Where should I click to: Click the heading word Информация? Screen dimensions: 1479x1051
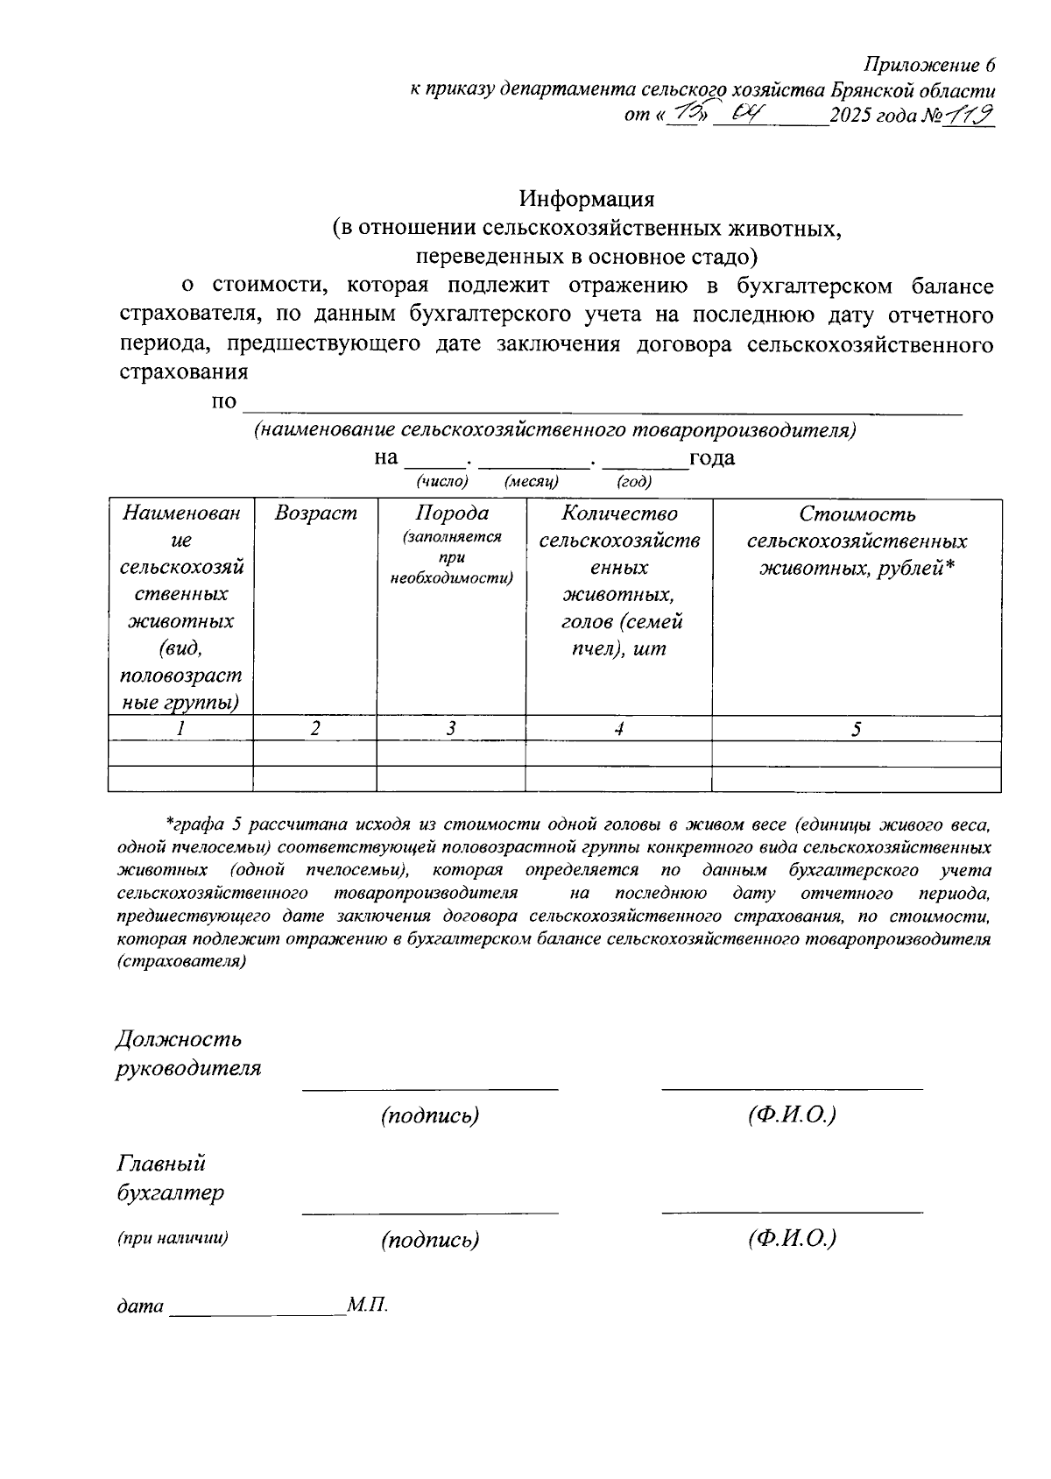click(x=586, y=199)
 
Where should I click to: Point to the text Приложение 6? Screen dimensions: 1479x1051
click(x=929, y=66)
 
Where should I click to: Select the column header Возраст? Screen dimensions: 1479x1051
click(x=315, y=513)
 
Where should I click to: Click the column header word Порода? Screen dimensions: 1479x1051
click(x=451, y=513)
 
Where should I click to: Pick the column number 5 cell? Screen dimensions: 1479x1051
click(x=857, y=729)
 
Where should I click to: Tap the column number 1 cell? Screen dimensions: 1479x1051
click(x=180, y=729)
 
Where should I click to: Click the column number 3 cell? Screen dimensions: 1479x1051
click(x=451, y=729)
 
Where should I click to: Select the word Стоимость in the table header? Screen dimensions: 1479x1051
click(x=857, y=513)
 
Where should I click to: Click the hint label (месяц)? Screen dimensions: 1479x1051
click(x=532, y=481)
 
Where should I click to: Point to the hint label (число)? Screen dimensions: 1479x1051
click(x=442, y=481)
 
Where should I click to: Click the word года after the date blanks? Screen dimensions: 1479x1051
click(x=711, y=457)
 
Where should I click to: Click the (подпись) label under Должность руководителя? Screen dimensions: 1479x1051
click(x=430, y=1115)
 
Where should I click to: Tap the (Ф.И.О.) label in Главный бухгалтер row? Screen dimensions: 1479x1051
click(x=792, y=1239)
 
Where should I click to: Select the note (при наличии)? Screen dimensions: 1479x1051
click(x=173, y=1238)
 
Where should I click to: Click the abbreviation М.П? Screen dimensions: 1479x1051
click(x=367, y=1306)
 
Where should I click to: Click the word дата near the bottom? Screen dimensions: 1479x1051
click(x=140, y=1306)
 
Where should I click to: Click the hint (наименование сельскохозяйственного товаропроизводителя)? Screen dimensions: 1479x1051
click(x=554, y=430)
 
